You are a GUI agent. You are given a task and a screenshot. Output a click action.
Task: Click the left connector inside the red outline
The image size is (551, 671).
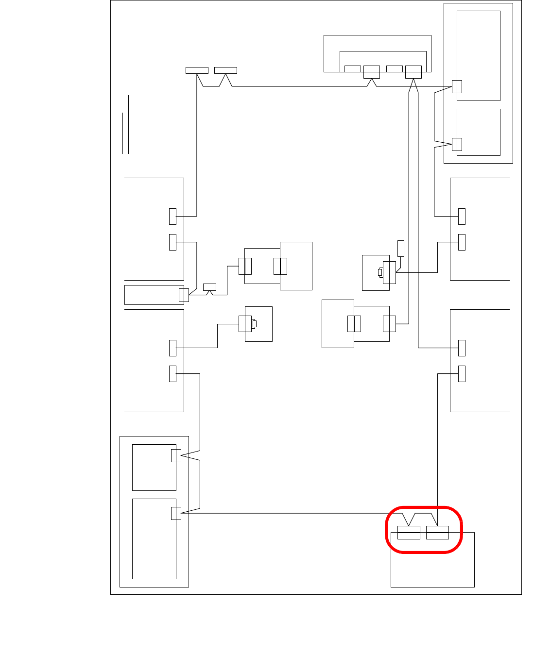(409, 533)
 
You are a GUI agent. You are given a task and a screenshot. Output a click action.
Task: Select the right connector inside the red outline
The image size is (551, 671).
(437, 533)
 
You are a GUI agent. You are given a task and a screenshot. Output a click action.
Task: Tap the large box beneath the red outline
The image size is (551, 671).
(432, 563)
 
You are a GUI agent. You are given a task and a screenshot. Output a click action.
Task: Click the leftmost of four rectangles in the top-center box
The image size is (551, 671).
(352, 69)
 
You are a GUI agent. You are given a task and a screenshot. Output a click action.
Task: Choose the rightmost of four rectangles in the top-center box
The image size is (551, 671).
(413, 72)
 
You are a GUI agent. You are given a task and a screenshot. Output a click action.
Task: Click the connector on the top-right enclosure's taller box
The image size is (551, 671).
(457, 86)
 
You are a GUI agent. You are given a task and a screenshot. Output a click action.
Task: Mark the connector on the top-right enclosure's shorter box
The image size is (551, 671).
(457, 144)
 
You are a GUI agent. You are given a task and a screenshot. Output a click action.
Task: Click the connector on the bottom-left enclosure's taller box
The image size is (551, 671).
(176, 513)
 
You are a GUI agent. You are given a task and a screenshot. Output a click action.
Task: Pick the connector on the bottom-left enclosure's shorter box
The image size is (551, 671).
(176, 455)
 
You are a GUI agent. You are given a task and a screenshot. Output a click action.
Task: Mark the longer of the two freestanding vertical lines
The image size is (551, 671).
(128, 124)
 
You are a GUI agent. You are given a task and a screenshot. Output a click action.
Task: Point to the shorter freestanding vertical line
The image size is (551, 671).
(122, 133)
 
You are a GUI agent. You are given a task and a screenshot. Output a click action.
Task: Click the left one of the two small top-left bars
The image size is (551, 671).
(197, 70)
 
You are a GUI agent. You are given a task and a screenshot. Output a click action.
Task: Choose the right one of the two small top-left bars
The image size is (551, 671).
(225, 70)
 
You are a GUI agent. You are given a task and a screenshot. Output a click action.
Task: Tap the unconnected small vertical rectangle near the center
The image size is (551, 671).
(401, 248)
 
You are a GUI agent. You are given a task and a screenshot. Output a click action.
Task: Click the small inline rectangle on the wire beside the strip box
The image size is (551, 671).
(209, 287)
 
